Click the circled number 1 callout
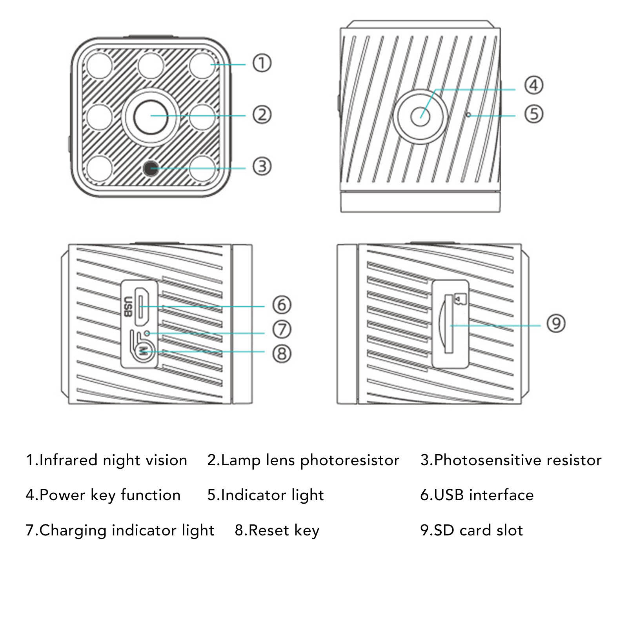pos(262,63)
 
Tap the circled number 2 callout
pos(262,115)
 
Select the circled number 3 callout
pos(262,166)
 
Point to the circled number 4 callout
pos(534,86)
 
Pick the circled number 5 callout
pos(534,114)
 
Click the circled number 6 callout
pos(282,305)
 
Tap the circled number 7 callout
pos(282,329)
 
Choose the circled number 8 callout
pos(282,353)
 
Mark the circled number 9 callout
pos(556,324)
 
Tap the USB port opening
pos(142,306)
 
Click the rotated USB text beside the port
pos(127,306)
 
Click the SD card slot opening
pos(448,324)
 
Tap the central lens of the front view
pos(151,116)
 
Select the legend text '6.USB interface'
pos(477,495)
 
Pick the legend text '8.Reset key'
pos(277,530)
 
